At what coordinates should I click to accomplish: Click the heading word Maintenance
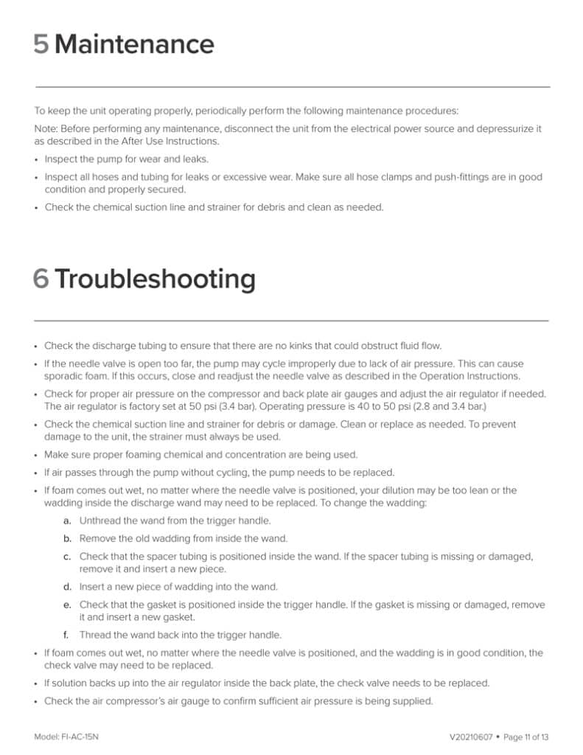tap(134, 45)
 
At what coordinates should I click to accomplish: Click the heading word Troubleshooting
tap(155, 279)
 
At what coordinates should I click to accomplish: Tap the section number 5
tap(41, 45)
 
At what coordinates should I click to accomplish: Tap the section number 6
tap(41, 279)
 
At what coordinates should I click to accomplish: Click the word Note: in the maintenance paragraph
tap(47, 128)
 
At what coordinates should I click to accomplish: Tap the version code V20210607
tap(472, 737)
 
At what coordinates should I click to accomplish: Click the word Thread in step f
tap(94, 635)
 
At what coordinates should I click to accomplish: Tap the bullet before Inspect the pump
tap(37, 159)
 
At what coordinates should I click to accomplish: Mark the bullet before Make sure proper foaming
tap(37, 455)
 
